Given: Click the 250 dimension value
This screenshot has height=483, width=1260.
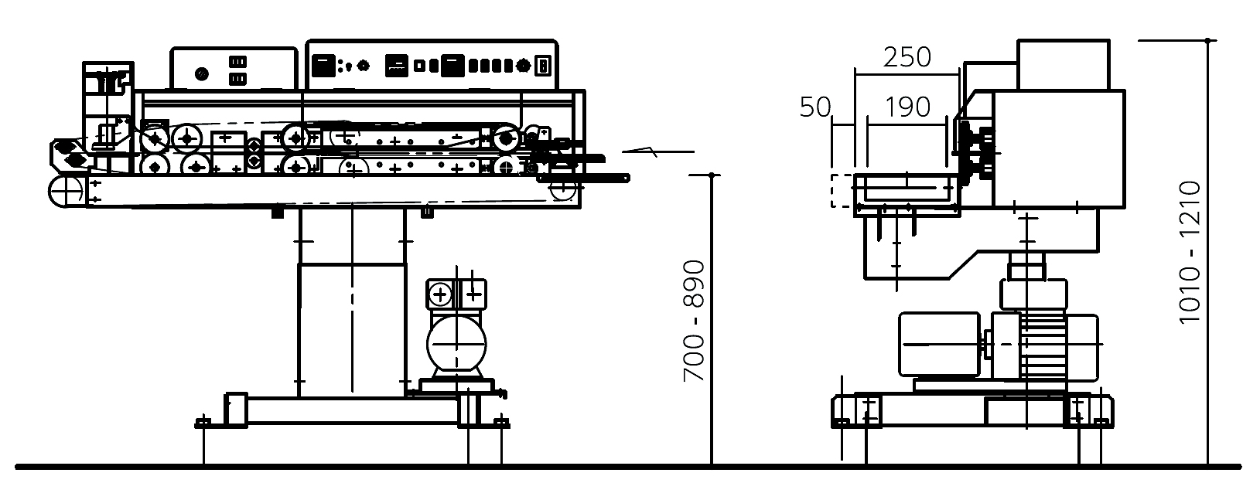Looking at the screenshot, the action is pos(907,56).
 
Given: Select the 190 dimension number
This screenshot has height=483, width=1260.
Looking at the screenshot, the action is pos(907,107).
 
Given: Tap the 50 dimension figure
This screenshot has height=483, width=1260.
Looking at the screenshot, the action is pos(815,107).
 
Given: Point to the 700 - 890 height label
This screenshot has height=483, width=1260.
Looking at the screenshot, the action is pos(694,321).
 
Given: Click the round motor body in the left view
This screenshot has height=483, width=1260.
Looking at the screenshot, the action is pos(456,344).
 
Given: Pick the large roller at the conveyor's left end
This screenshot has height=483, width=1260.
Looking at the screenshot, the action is pos(67,192).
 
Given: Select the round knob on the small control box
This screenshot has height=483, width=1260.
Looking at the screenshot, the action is pos(201,73).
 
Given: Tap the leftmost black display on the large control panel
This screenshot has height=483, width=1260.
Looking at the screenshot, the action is pos(323,66).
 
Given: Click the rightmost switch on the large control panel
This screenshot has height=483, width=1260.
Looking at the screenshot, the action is pos(542,66).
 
